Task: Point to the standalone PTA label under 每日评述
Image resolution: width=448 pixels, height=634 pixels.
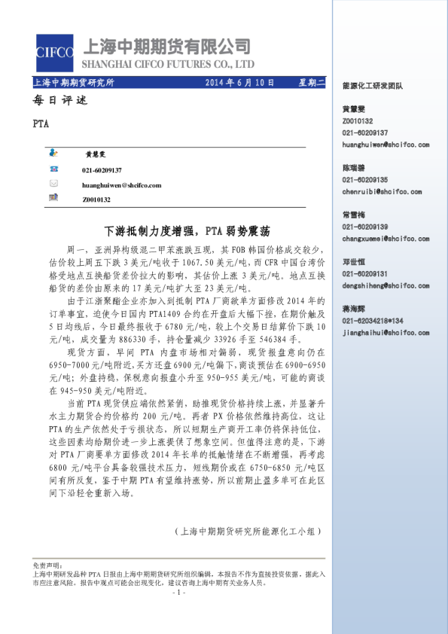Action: tap(42, 124)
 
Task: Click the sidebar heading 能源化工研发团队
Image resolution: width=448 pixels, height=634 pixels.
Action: tap(373, 86)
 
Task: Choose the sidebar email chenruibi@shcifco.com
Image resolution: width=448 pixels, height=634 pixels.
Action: tap(376, 192)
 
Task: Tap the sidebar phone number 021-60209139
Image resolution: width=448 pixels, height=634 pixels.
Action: tap(365, 227)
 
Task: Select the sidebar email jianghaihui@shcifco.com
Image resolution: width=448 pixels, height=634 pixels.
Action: tap(379, 331)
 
